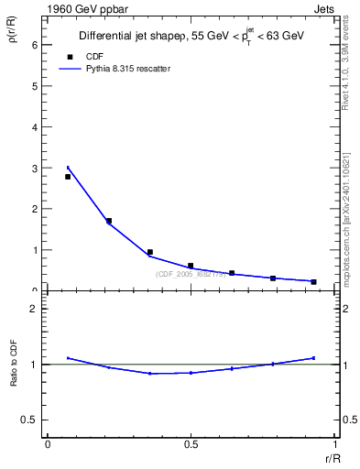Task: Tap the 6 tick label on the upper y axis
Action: coord(35,45)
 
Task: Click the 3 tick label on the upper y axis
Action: coord(35,168)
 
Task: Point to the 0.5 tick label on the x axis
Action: coord(190,445)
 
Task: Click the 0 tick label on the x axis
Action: coord(48,445)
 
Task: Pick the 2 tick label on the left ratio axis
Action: coord(35,310)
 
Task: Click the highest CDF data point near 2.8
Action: coord(68,176)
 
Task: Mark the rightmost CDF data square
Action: coord(313,281)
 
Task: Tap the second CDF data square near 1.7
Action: coord(109,221)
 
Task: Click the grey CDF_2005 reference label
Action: coord(190,274)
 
